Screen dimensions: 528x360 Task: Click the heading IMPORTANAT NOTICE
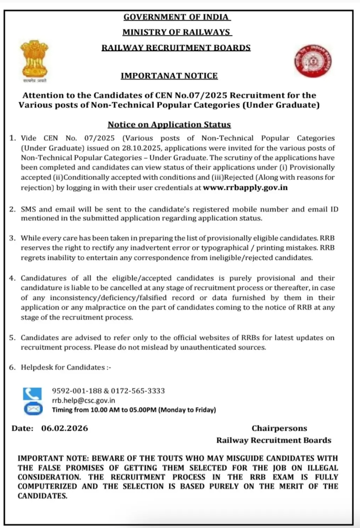pyautogui.click(x=169, y=76)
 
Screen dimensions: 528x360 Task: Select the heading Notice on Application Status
pyautogui.click(x=169, y=124)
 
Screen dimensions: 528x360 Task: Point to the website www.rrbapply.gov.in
pyautogui.click(x=245, y=187)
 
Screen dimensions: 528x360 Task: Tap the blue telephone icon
pyautogui.click(x=32, y=393)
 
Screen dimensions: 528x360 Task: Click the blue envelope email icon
pyautogui.click(x=33, y=409)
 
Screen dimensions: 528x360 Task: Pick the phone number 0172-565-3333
pyautogui.click(x=138, y=391)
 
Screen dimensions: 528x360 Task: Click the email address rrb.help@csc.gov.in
pyautogui.click(x=83, y=400)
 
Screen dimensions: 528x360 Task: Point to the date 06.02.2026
pyautogui.click(x=65, y=428)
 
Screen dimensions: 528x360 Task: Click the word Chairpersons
pyautogui.click(x=279, y=428)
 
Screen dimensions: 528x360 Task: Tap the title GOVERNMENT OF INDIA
pyautogui.click(x=176, y=17)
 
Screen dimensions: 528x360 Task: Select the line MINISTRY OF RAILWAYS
pyautogui.click(x=177, y=32)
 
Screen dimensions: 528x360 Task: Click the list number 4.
pyautogui.click(x=12, y=278)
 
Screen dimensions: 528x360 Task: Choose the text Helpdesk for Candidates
pyautogui.click(x=63, y=367)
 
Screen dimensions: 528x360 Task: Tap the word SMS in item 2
pyautogui.click(x=28, y=209)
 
